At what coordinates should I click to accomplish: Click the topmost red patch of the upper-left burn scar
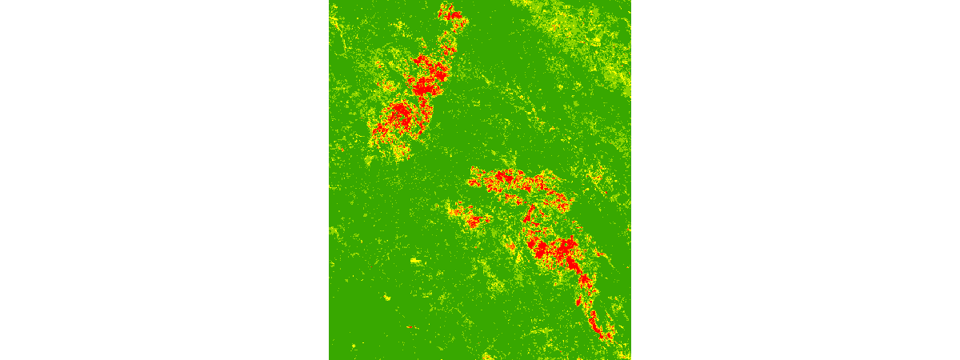tap(450, 13)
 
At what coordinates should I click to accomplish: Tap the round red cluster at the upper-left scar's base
tap(396, 118)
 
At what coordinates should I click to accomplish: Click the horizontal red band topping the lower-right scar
tap(512, 180)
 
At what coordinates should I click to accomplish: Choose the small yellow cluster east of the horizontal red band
tap(594, 175)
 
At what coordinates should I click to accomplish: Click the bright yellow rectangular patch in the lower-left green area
tap(414, 261)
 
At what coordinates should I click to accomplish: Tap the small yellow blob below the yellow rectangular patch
tap(386, 298)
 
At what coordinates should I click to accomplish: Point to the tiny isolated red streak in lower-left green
tap(410, 326)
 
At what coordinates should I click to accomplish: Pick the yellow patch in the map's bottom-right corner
tap(623, 354)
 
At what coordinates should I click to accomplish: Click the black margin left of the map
tap(160, 180)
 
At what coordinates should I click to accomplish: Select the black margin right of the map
tap(800, 180)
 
